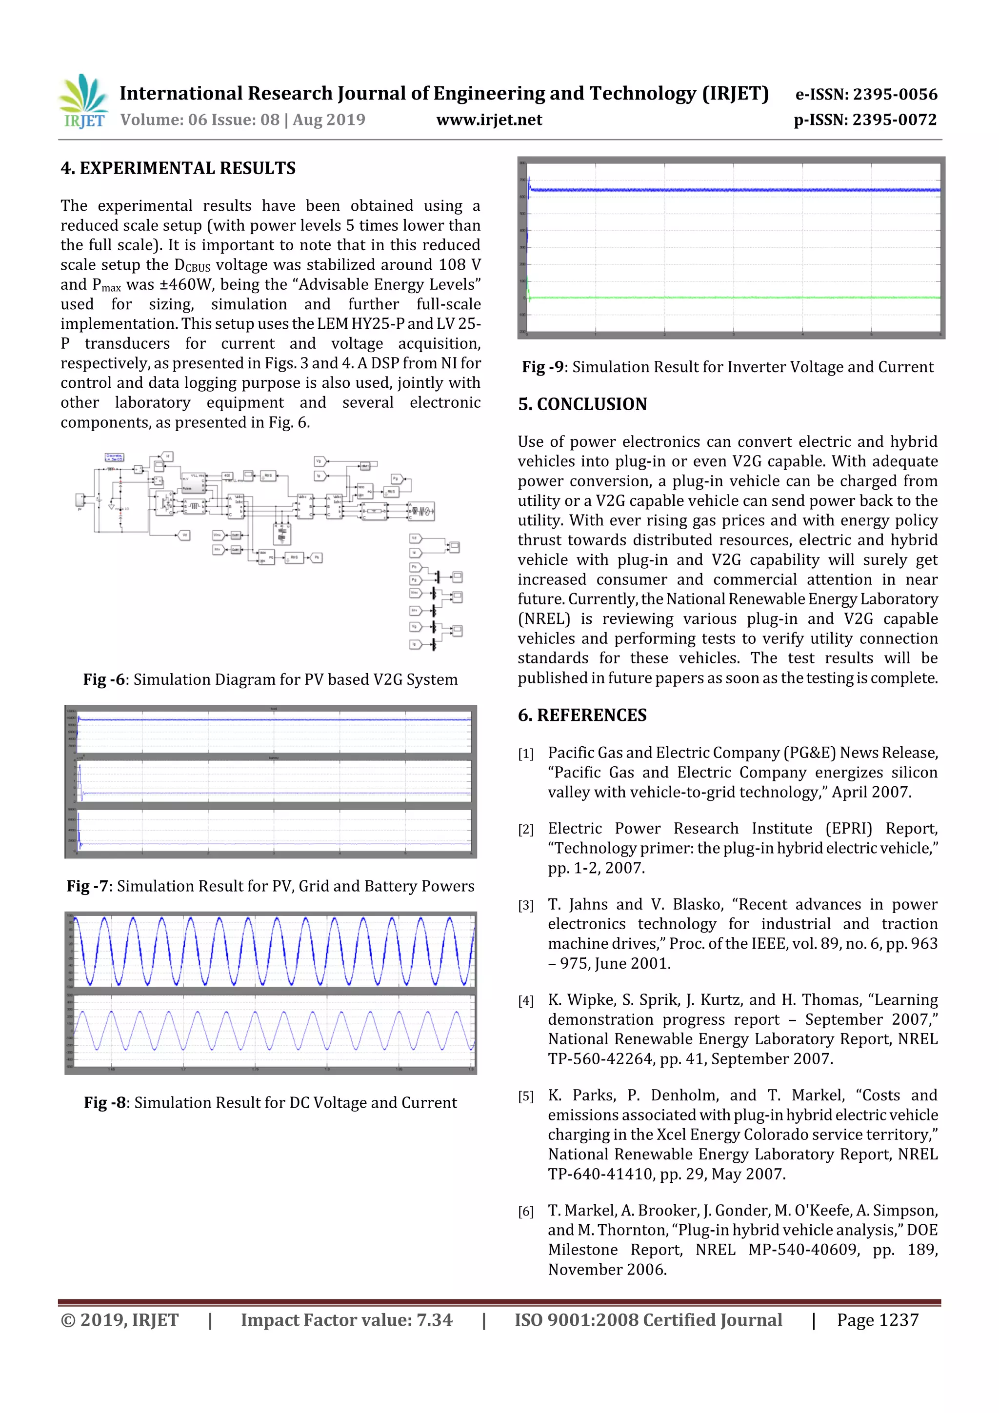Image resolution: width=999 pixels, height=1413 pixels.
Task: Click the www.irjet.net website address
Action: pos(489,120)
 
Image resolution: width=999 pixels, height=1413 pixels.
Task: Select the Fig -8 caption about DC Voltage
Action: pos(270,1102)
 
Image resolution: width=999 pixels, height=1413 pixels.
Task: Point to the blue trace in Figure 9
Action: pos(733,190)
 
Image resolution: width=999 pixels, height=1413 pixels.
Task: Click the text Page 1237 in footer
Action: pos(877,1320)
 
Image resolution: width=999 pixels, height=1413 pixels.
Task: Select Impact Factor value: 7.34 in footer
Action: pos(346,1320)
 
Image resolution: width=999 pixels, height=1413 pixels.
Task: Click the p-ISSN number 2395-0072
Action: pos(894,120)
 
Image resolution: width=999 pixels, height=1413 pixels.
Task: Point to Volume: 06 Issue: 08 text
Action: pos(242,120)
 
